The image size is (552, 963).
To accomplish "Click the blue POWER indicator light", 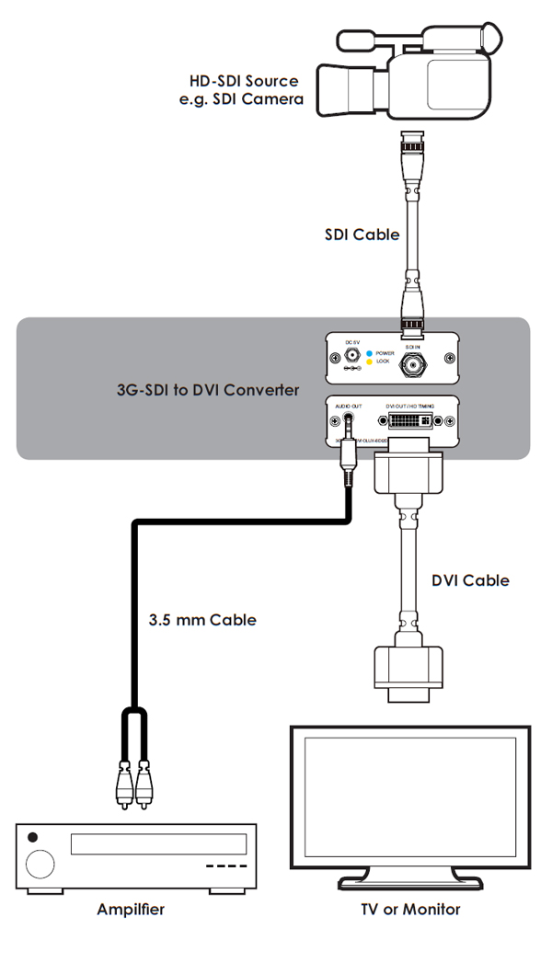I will tap(370, 353).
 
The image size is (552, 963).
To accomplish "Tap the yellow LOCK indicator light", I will tap(370, 362).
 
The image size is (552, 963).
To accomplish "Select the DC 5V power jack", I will tap(351, 355).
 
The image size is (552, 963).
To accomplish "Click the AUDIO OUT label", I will tap(350, 407).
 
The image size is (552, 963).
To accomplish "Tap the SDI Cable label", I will tap(362, 235).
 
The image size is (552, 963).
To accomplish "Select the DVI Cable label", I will tap(470, 580).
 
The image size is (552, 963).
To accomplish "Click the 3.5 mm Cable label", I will tap(202, 620).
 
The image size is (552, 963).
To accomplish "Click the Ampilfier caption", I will tap(131, 910).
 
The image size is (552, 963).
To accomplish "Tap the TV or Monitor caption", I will tap(410, 910).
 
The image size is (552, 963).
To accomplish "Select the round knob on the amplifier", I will tap(40, 864).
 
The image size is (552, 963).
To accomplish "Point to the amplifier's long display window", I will tap(158, 844).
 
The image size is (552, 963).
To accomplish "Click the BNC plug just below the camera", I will tap(411, 147).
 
